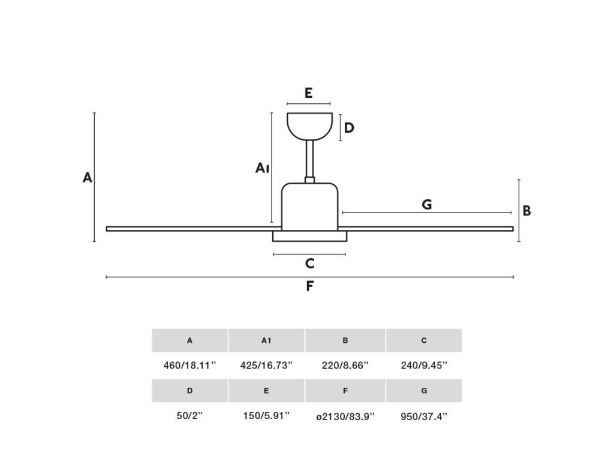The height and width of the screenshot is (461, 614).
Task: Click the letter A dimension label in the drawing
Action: coord(88,178)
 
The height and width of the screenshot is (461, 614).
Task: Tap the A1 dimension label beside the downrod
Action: coord(261,168)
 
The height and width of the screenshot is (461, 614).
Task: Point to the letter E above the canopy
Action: coord(308,93)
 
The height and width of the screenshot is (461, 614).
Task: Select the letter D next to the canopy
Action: coord(349,128)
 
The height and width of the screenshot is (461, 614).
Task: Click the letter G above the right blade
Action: coord(427,205)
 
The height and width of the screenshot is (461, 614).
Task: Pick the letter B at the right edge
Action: coord(526,211)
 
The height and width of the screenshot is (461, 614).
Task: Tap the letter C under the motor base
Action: coord(309,263)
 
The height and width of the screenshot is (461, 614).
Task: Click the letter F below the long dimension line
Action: coord(309,286)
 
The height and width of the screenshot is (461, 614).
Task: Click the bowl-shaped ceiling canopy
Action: coord(309,125)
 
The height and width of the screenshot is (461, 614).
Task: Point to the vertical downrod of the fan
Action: coord(310,159)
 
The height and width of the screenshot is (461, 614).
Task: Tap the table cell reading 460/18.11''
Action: coord(189,365)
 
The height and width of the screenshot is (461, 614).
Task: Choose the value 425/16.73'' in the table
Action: coord(266,365)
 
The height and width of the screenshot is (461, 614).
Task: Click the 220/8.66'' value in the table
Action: coord(345,365)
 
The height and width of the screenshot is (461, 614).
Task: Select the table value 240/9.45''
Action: coord(424,365)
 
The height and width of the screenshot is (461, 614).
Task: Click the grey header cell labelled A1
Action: coord(266,340)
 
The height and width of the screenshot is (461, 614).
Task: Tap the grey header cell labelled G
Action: coord(424,391)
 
